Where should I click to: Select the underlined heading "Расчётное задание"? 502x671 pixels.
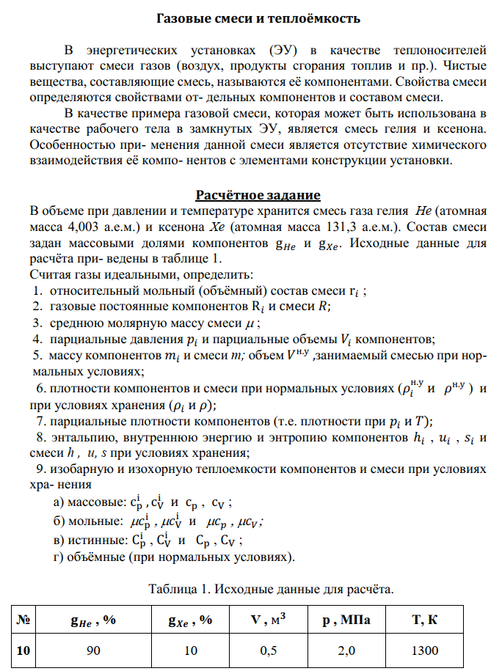[x=258, y=195]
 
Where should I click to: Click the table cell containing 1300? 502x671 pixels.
[x=425, y=650]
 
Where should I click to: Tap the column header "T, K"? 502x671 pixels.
[x=425, y=620]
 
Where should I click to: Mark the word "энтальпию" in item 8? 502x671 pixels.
[x=79, y=438]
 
